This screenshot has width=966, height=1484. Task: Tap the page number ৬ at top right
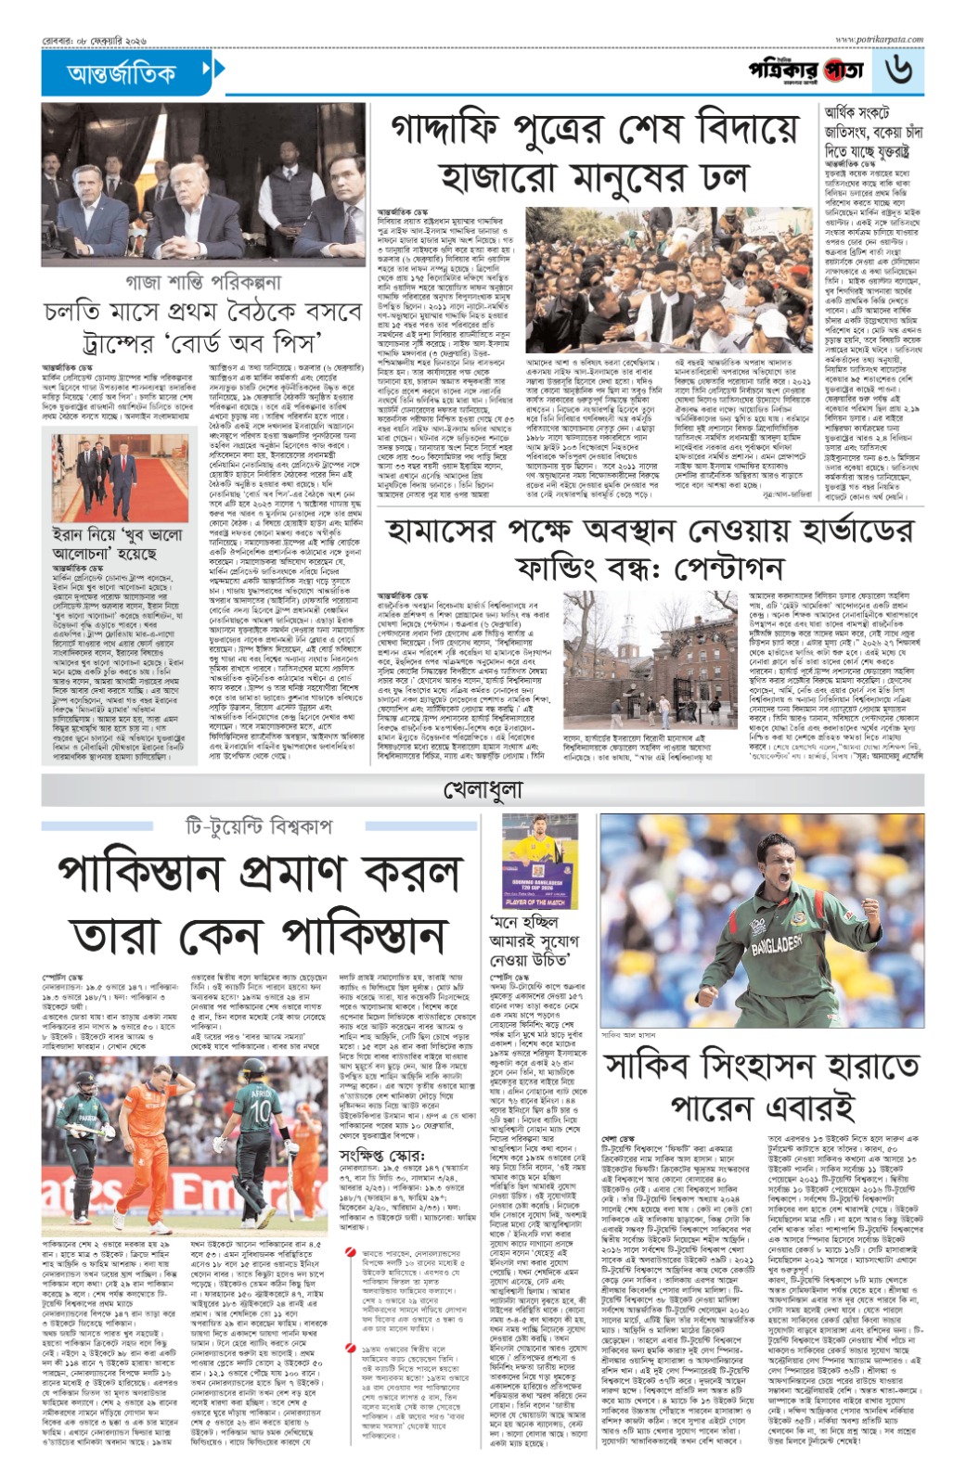(x=897, y=70)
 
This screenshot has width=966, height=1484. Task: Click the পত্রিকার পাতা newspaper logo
(x=806, y=70)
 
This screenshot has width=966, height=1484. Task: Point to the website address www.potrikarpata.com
(x=879, y=40)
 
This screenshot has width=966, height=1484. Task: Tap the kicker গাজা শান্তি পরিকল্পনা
(x=202, y=281)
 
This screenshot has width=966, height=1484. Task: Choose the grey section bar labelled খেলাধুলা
(x=483, y=790)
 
